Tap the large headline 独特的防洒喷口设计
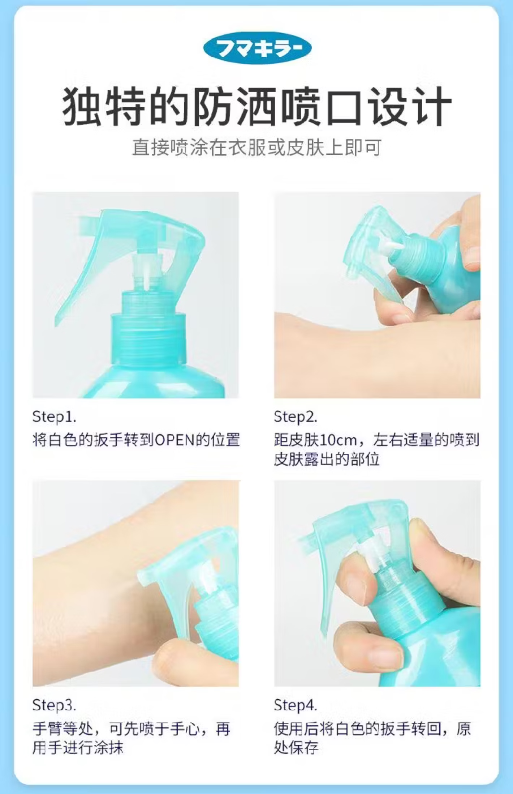(x=257, y=107)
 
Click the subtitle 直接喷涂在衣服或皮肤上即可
(x=257, y=148)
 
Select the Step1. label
(x=54, y=417)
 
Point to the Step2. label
(x=296, y=417)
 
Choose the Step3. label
(x=54, y=705)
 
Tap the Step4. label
(x=296, y=705)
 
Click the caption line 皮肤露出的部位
(x=327, y=460)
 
